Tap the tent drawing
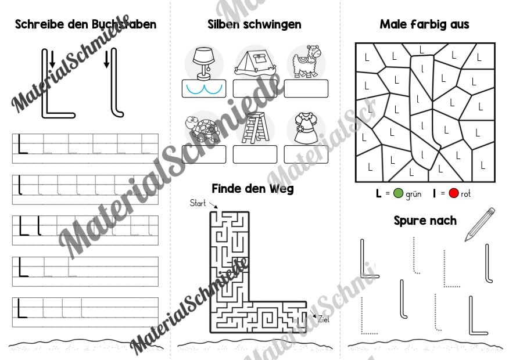click(x=255, y=63)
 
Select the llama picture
click(x=306, y=62)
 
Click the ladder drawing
click(x=256, y=128)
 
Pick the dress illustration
click(x=306, y=128)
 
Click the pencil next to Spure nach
click(x=480, y=225)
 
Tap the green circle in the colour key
click(x=398, y=193)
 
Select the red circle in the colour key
click(x=453, y=193)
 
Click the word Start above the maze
click(x=198, y=203)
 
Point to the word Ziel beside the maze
click(x=323, y=319)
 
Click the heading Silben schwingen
click(x=254, y=24)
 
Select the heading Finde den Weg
click(x=253, y=189)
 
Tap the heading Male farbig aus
click(x=425, y=24)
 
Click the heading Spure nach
click(x=425, y=221)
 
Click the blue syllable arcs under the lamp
click(x=204, y=90)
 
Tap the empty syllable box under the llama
click(x=306, y=88)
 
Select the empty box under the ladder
click(x=255, y=154)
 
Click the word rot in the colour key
click(x=465, y=194)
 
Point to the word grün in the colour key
click(x=414, y=194)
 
